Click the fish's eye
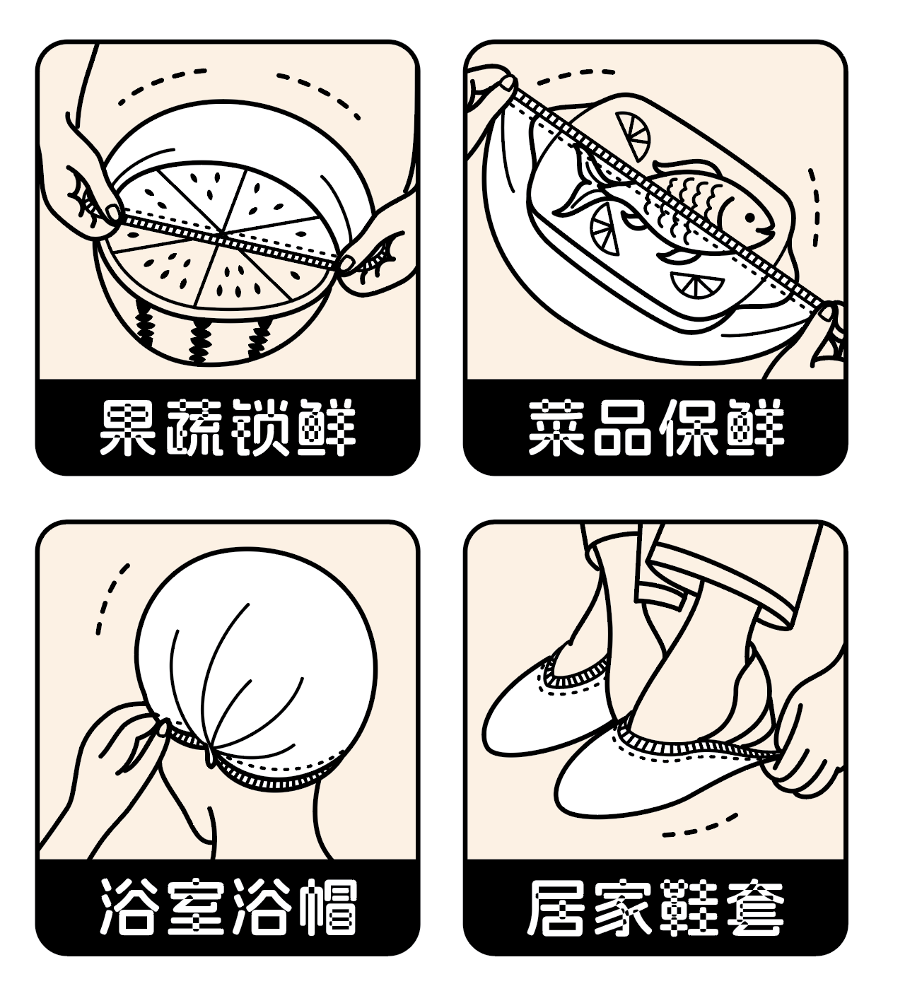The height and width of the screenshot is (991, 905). [x=749, y=218]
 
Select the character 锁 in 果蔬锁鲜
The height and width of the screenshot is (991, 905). [x=260, y=427]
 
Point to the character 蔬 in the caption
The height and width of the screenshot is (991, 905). [x=194, y=427]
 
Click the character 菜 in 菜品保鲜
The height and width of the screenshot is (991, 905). [x=556, y=427]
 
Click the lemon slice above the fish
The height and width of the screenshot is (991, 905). [x=633, y=135]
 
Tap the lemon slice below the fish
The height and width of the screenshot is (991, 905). [x=697, y=284]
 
